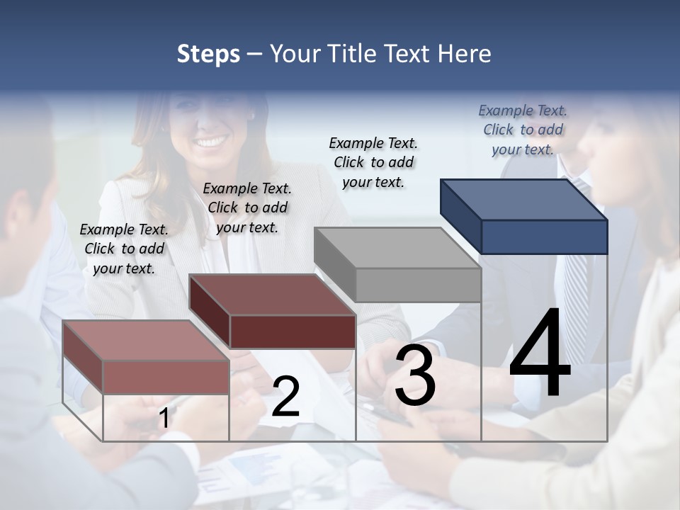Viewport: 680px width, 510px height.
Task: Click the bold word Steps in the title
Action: (208, 54)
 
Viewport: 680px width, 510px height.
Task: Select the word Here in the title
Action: (465, 54)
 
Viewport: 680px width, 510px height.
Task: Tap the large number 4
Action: (540, 354)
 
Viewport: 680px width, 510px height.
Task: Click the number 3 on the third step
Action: (415, 375)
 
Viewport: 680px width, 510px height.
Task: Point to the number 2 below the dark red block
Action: (285, 397)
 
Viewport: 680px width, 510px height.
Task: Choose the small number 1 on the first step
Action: (164, 418)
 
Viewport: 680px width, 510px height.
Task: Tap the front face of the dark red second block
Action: (293, 331)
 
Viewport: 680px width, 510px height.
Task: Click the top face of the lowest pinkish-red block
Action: (146, 340)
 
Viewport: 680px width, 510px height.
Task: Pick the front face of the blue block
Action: (544, 237)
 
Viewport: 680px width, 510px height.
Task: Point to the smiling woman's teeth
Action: (210, 143)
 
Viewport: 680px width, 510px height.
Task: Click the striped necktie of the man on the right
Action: (577, 283)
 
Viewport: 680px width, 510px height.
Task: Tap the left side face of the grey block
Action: (334, 264)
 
